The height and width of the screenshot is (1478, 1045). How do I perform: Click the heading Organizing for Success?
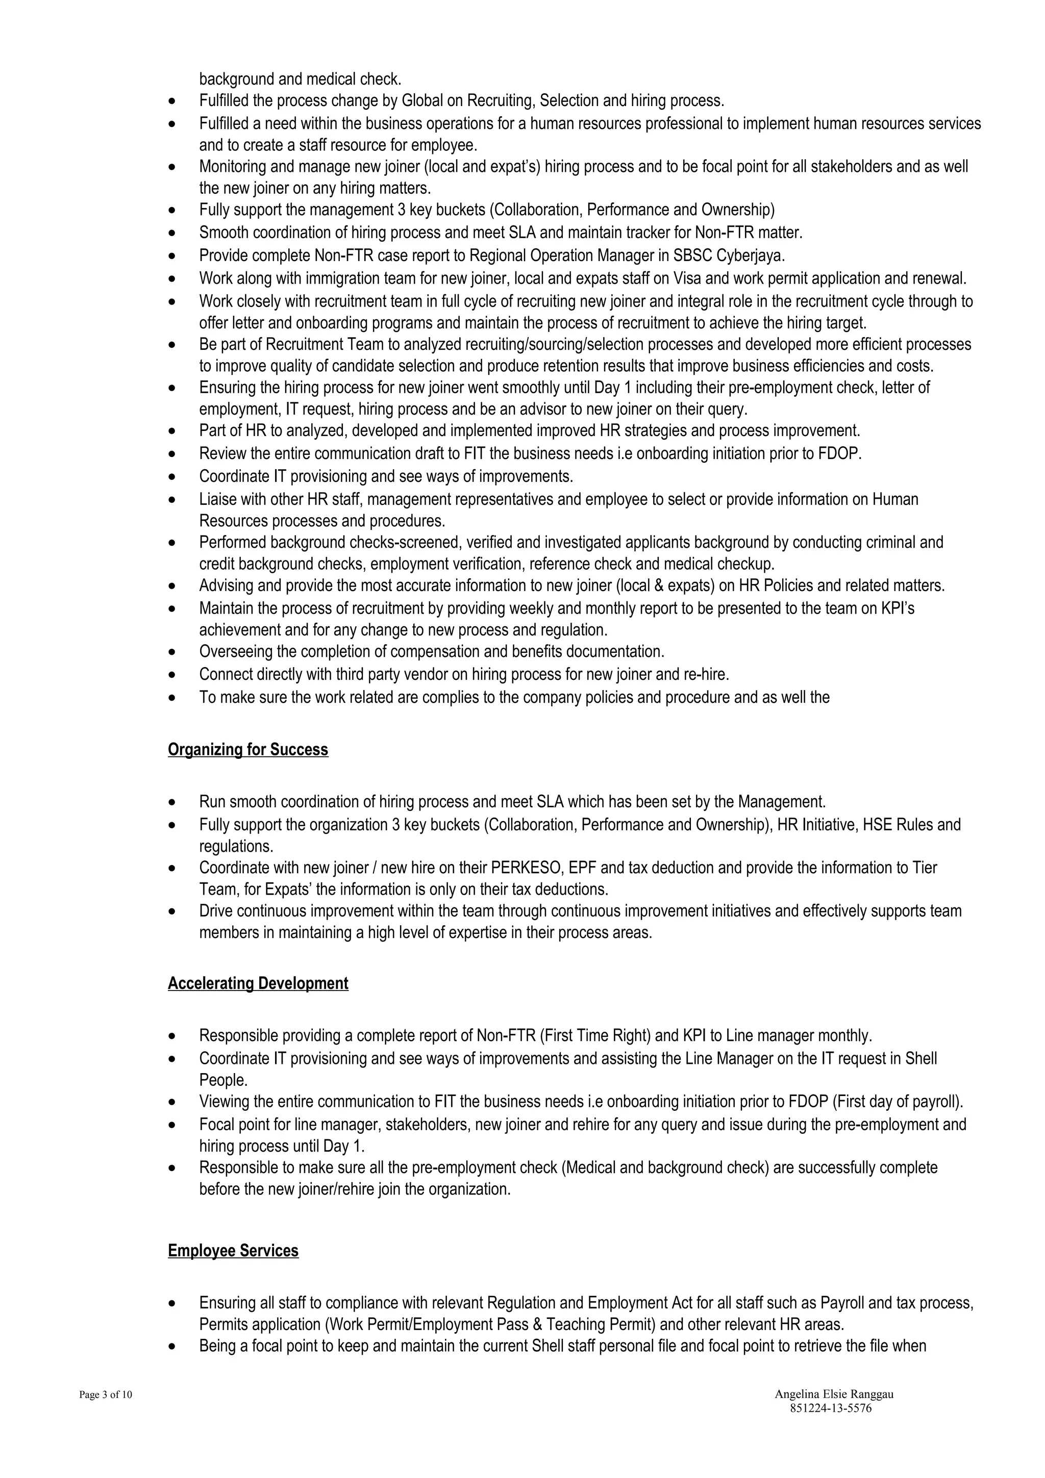click(x=248, y=749)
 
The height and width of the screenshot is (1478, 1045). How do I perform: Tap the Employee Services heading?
click(x=233, y=1250)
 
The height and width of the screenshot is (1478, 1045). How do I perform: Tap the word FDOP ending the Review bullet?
click(x=838, y=453)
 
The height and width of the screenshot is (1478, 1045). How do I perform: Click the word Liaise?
click(x=218, y=499)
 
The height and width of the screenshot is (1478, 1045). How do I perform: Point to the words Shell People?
click(x=920, y=1058)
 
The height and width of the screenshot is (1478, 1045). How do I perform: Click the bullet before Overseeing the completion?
click(x=171, y=653)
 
